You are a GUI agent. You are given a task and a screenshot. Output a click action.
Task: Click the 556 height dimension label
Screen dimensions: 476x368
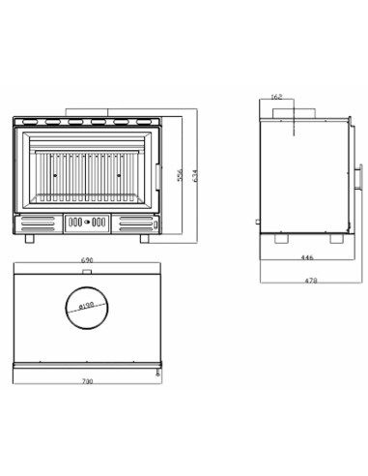[x=181, y=175]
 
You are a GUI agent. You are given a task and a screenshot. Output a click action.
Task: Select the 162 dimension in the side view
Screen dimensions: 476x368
[x=276, y=98]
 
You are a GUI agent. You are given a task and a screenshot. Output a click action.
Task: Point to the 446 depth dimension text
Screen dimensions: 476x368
[x=307, y=258]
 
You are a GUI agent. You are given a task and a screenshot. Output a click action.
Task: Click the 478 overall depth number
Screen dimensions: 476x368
[x=310, y=281]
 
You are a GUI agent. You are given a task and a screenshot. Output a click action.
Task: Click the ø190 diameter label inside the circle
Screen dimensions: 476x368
[x=85, y=308]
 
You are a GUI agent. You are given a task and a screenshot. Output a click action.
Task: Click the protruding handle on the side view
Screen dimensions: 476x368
[x=360, y=176]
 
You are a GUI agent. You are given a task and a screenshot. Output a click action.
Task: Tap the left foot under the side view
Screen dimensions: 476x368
[x=281, y=237]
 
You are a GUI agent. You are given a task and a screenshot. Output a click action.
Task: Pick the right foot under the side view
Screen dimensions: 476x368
[x=335, y=237]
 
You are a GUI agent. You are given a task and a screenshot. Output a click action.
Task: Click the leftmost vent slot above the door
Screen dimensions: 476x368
[x=28, y=123]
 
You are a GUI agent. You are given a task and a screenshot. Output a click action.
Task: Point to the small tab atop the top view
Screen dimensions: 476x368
[x=87, y=273]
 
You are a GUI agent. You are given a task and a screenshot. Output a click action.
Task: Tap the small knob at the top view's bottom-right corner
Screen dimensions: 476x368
[x=156, y=369]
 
